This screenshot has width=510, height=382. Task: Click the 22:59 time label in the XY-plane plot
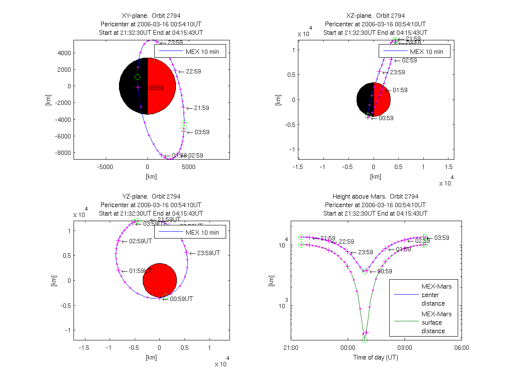coord(193,71)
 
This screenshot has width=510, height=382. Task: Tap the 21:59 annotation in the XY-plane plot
coord(201,108)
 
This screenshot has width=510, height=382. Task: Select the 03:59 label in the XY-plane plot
coord(202,132)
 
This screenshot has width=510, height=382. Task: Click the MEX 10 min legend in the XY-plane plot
coord(190,50)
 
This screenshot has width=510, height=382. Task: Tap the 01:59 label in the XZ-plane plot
coord(400,90)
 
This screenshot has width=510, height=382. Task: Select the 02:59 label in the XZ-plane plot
coord(409,60)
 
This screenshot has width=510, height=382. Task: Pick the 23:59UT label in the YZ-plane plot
coord(208,253)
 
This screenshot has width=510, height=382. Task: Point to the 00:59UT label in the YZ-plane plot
coord(181,299)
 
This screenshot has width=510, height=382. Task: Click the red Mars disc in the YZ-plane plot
coord(159,280)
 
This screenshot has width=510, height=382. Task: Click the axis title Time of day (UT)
coord(376,357)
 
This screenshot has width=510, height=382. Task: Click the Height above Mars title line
coord(375,197)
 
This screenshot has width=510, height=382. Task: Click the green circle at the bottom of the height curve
coord(365,340)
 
